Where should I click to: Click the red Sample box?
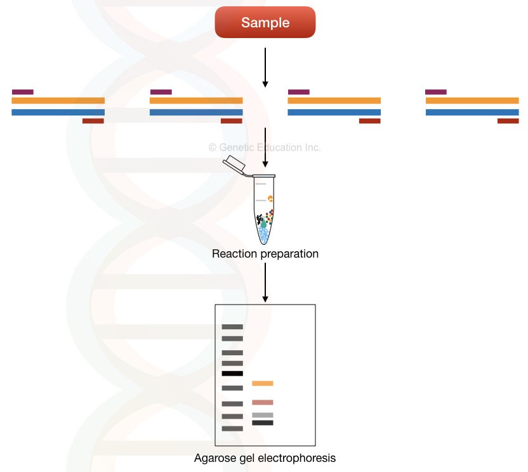click(265, 23)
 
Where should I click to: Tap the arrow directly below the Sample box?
click(265, 67)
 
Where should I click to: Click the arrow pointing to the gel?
click(265, 282)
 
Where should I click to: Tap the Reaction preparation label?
click(265, 254)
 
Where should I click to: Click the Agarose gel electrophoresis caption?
click(265, 457)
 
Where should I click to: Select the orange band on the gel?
click(263, 383)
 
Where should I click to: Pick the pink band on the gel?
click(263, 402)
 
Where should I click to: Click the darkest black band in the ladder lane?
click(232, 374)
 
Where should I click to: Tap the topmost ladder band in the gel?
click(232, 327)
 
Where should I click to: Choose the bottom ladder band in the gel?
click(232, 429)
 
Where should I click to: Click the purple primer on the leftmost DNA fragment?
click(22, 92)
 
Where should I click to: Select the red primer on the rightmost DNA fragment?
click(508, 121)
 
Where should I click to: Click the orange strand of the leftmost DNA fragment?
click(58, 100)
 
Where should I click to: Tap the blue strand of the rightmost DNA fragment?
click(472, 112)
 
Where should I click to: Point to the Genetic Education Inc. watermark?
click(265, 148)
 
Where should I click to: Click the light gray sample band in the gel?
click(263, 415)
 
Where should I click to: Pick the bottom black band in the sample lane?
click(263, 423)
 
